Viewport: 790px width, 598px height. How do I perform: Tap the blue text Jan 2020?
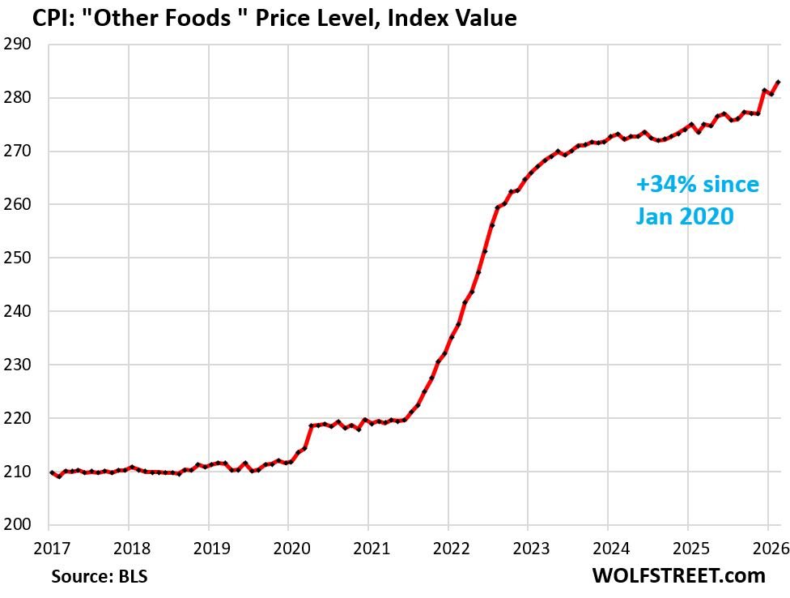click(684, 216)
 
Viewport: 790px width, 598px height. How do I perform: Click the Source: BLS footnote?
click(100, 576)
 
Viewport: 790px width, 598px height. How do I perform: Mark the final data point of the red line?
click(779, 82)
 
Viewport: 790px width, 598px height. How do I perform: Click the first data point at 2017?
click(52, 472)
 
